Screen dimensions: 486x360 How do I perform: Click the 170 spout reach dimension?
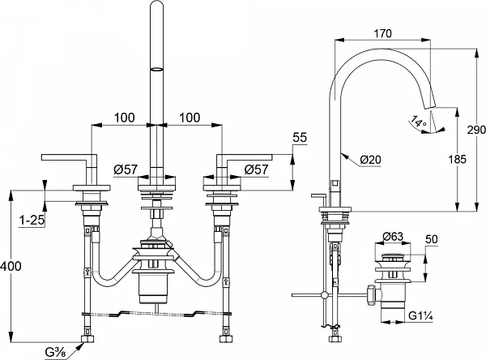point(382,33)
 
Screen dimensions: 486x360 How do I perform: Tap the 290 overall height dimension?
point(477,130)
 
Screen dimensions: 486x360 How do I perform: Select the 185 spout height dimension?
point(457,159)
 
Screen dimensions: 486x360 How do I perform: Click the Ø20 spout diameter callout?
point(371,160)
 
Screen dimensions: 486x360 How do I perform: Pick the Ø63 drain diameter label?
point(393,237)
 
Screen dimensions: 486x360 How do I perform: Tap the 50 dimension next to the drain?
point(432,239)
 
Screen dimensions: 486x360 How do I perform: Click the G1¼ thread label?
point(420,316)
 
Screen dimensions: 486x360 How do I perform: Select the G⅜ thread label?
point(55,353)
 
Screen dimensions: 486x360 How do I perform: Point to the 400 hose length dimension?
point(11,266)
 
